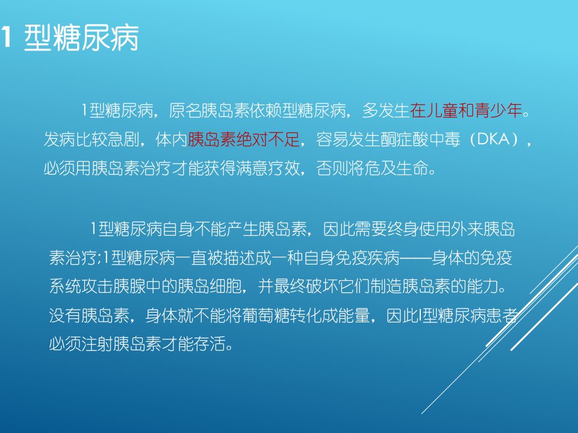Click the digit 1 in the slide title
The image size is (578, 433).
(x=5, y=37)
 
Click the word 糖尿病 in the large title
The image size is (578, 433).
(x=96, y=37)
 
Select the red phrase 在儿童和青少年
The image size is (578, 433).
(x=465, y=111)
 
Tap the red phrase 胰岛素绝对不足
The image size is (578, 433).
(x=244, y=140)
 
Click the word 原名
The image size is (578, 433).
(x=185, y=111)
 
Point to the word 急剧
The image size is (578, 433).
(x=123, y=140)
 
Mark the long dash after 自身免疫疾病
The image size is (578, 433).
(x=416, y=258)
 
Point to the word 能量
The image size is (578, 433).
(x=354, y=316)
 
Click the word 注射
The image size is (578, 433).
(x=97, y=344)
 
